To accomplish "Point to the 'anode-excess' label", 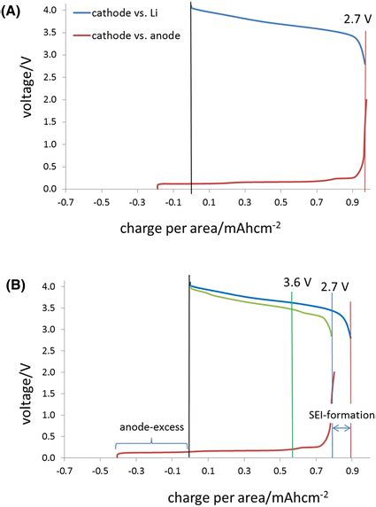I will point(150,426).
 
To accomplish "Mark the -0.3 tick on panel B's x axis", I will point(135,470).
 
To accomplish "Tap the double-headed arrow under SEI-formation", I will point(342,428).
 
